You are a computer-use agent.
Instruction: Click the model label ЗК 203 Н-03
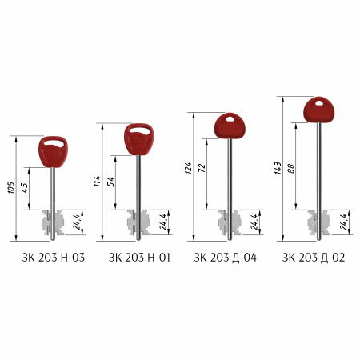[x=54, y=258]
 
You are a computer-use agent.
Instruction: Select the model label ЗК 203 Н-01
[x=139, y=258]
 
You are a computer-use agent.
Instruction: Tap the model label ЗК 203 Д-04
[x=225, y=258]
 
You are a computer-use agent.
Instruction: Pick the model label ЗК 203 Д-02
[x=314, y=258]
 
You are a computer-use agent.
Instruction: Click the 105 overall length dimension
[x=11, y=188]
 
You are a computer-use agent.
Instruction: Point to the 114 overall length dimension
[x=98, y=182]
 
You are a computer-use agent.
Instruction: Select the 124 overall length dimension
[x=188, y=168]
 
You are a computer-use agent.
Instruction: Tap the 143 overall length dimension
[x=278, y=168]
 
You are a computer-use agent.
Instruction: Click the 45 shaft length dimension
[x=24, y=188]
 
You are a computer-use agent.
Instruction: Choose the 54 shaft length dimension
[x=110, y=182]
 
